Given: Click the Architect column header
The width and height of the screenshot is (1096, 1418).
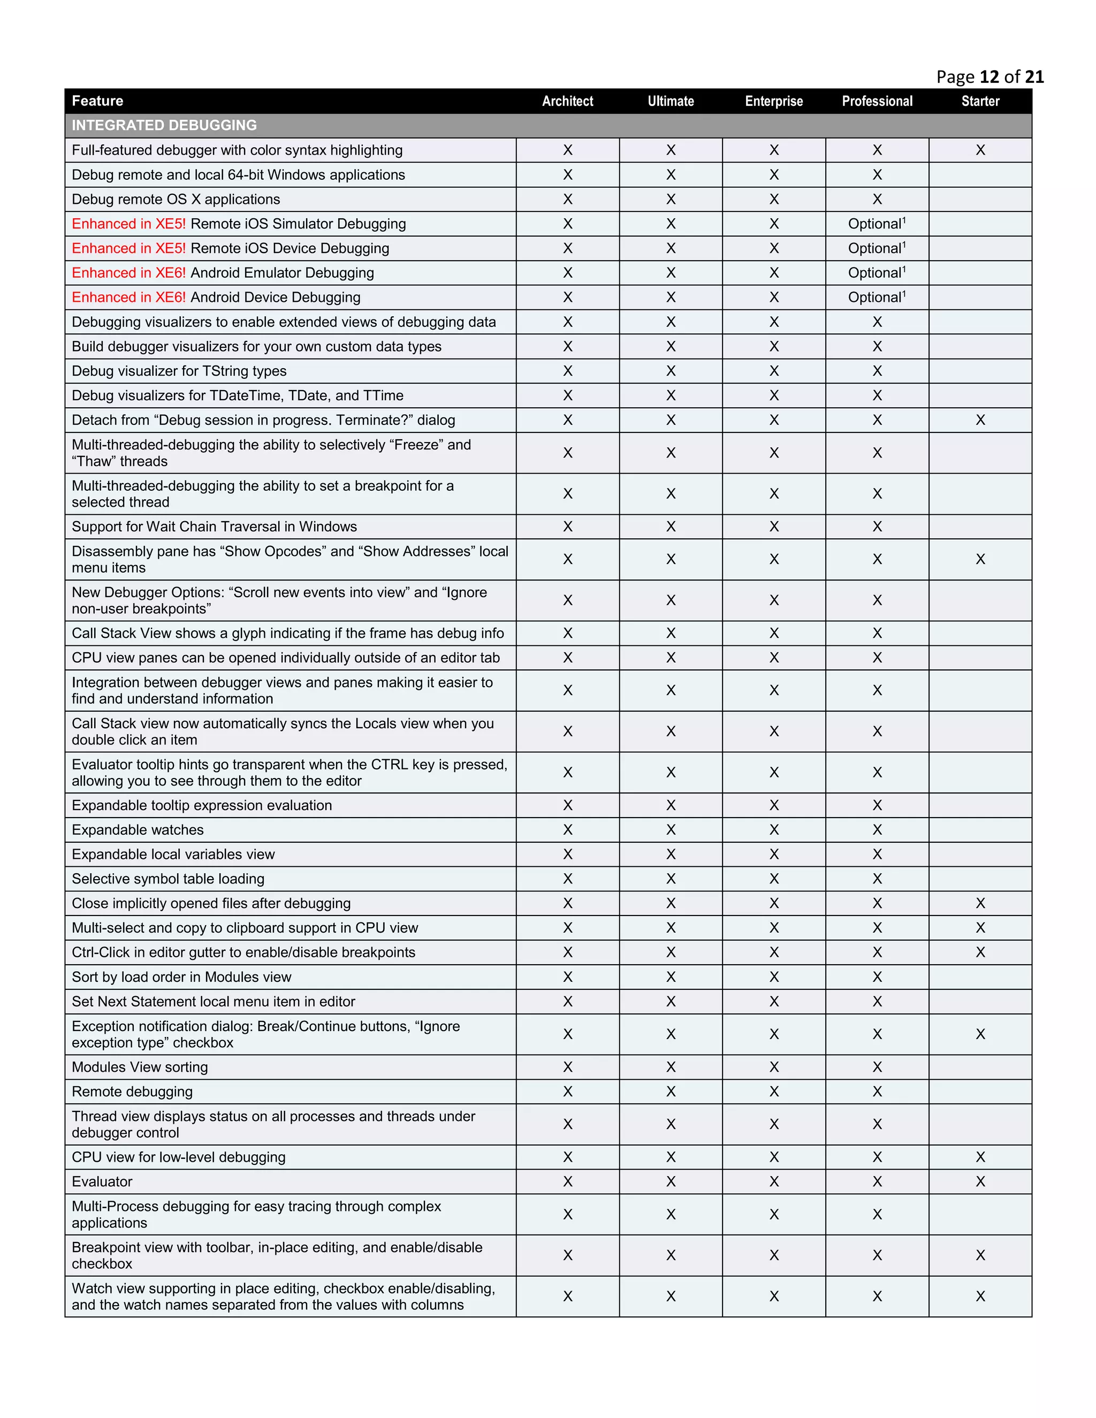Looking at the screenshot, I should click(567, 101).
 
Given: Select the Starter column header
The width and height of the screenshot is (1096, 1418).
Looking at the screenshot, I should click(980, 101).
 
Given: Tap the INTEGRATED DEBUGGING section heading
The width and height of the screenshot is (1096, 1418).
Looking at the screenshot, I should click(164, 125).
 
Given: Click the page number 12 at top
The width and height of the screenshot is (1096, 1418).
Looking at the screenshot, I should click(989, 77).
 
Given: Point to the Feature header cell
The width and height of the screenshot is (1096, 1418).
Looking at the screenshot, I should click(97, 101).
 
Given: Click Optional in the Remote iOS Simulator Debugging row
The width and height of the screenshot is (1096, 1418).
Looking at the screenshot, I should click(874, 224).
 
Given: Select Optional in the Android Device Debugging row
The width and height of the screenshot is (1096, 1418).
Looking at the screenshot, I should click(874, 298).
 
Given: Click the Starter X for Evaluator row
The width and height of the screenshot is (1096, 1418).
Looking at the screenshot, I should click(980, 1181).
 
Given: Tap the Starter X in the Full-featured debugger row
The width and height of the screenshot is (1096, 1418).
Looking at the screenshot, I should click(980, 150).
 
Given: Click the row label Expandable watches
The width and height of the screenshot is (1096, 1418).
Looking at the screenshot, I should click(138, 830).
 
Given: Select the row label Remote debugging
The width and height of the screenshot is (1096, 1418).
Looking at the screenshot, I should click(133, 1092).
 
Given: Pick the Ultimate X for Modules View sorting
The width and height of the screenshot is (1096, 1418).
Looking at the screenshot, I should click(671, 1067).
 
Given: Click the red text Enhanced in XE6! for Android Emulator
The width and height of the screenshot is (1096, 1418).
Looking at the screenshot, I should click(128, 273).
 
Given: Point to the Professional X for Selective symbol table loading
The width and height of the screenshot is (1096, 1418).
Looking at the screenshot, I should click(877, 879).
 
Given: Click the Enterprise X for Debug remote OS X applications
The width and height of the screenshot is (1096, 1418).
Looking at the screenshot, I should click(773, 200).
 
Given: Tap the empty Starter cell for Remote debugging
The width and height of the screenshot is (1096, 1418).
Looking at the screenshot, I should click(980, 1092).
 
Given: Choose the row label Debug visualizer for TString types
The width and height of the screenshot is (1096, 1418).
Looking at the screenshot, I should click(179, 371).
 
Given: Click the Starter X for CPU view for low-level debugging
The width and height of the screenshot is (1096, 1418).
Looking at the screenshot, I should click(980, 1157).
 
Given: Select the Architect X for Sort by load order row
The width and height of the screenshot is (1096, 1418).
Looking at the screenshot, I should click(567, 977).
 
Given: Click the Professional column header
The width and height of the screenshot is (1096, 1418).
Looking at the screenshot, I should click(877, 101).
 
